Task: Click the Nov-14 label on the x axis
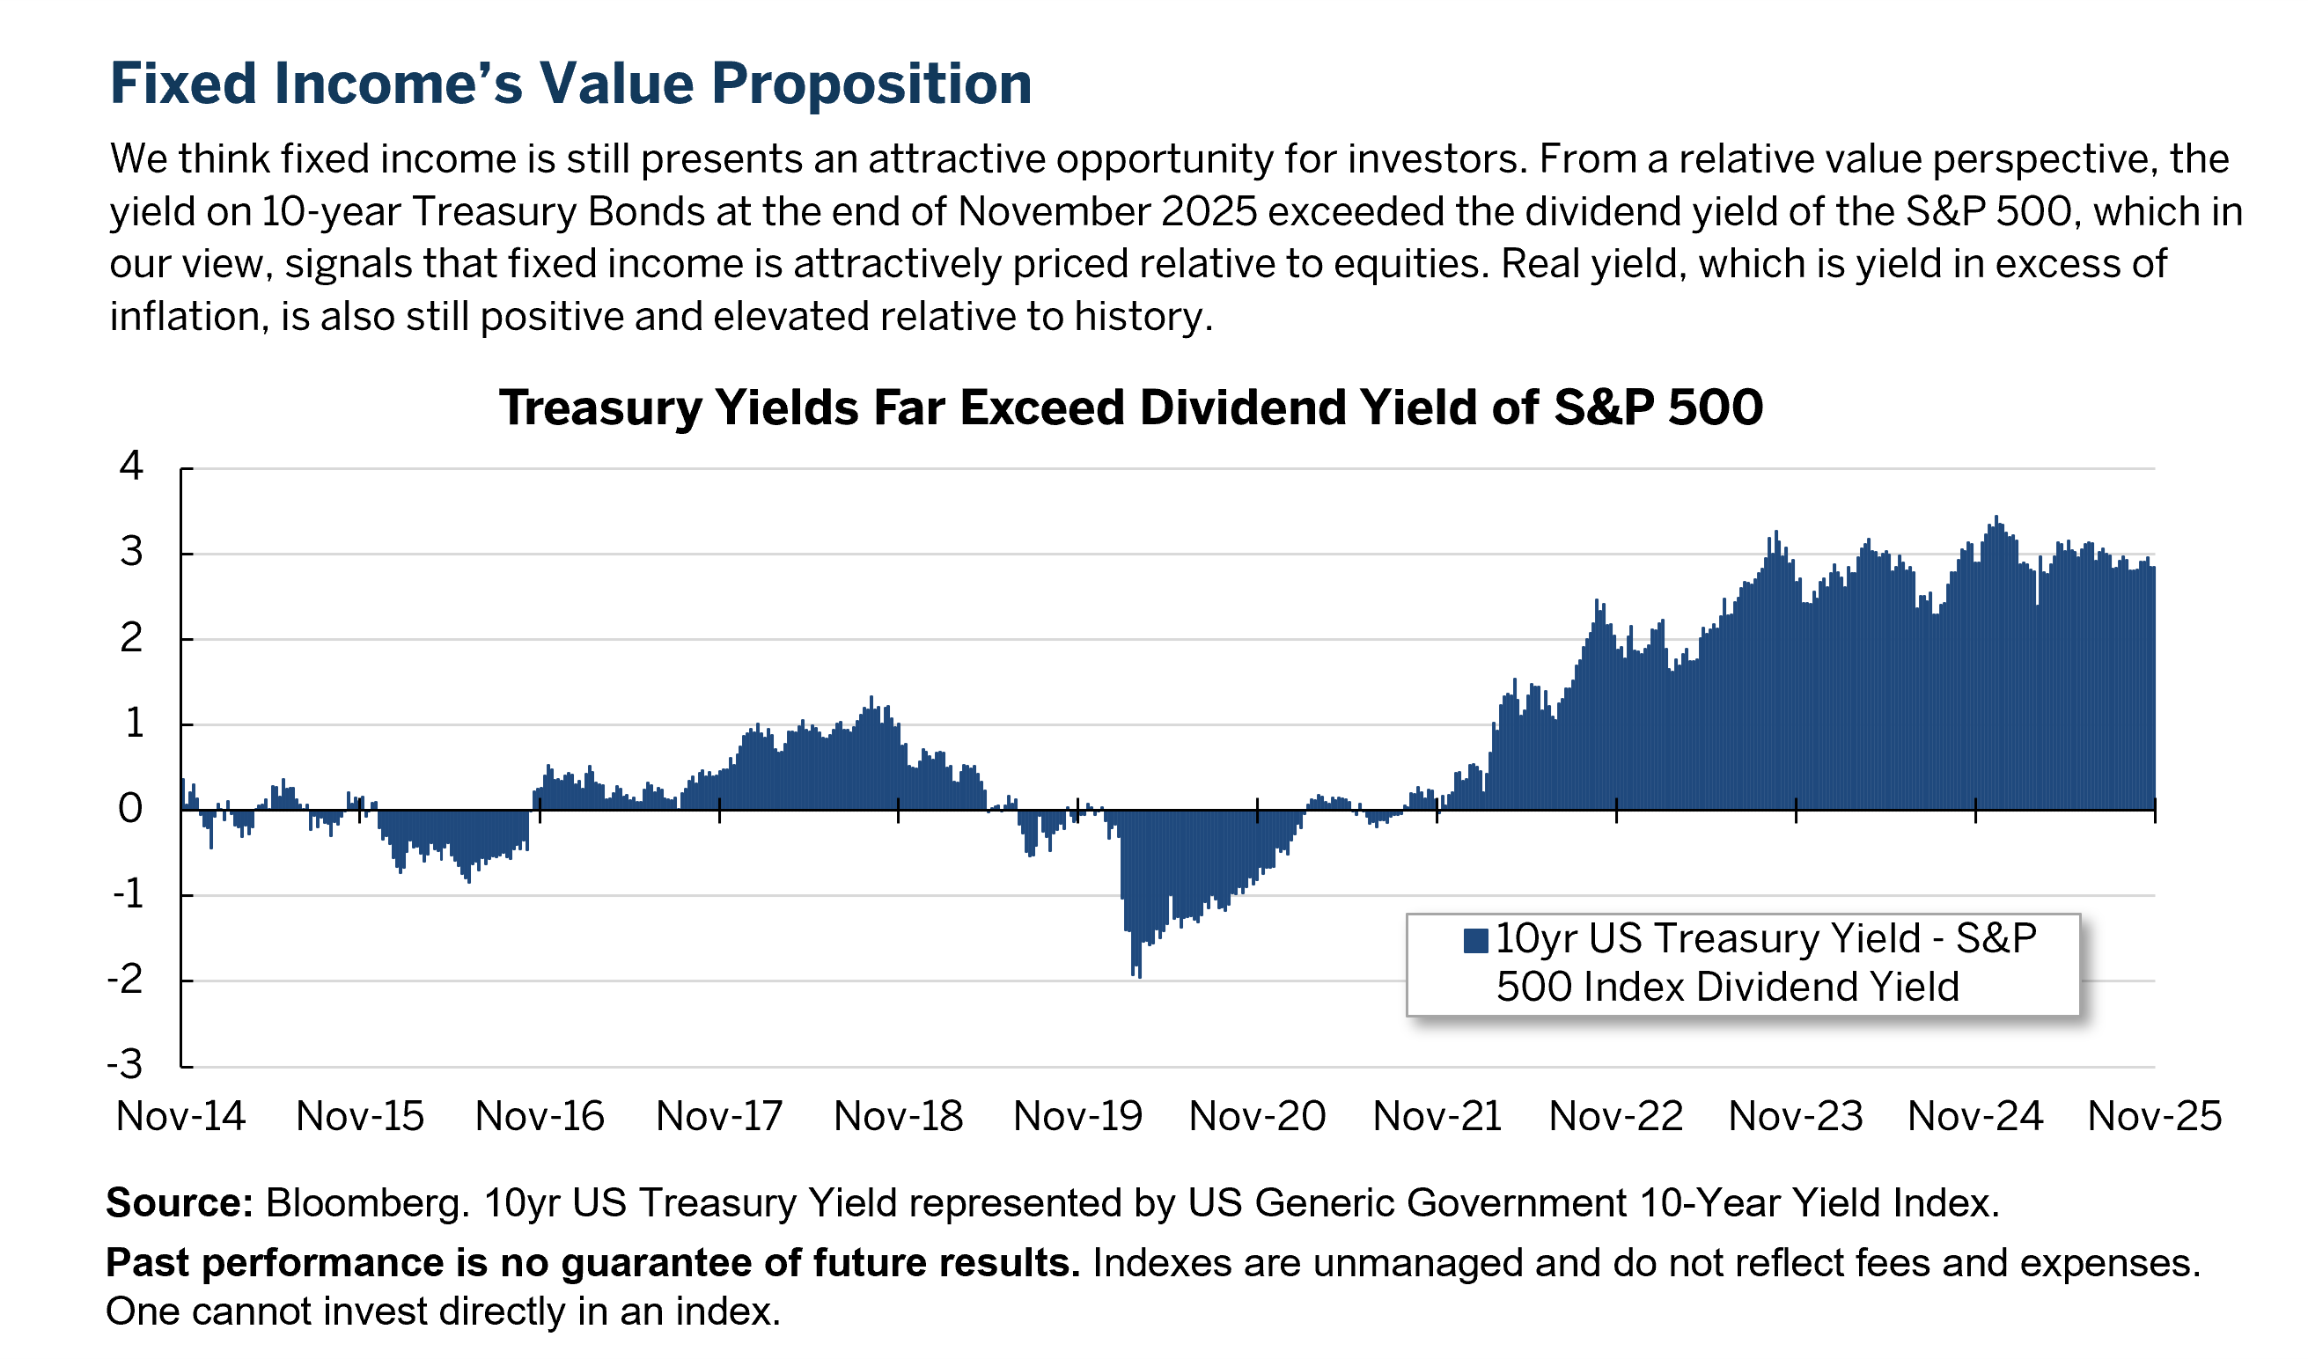(180, 1116)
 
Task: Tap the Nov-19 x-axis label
(1078, 1116)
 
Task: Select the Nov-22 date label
(1615, 1116)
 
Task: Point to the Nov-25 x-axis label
(2154, 1116)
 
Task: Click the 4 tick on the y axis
(132, 466)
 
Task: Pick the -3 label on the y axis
(126, 1064)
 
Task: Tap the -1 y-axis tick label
(129, 893)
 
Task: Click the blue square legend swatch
(1475, 941)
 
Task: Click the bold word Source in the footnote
(179, 1202)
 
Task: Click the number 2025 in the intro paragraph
(1209, 211)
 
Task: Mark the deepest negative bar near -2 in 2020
(1138, 973)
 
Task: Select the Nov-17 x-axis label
(719, 1116)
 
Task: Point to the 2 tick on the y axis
(132, 638)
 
